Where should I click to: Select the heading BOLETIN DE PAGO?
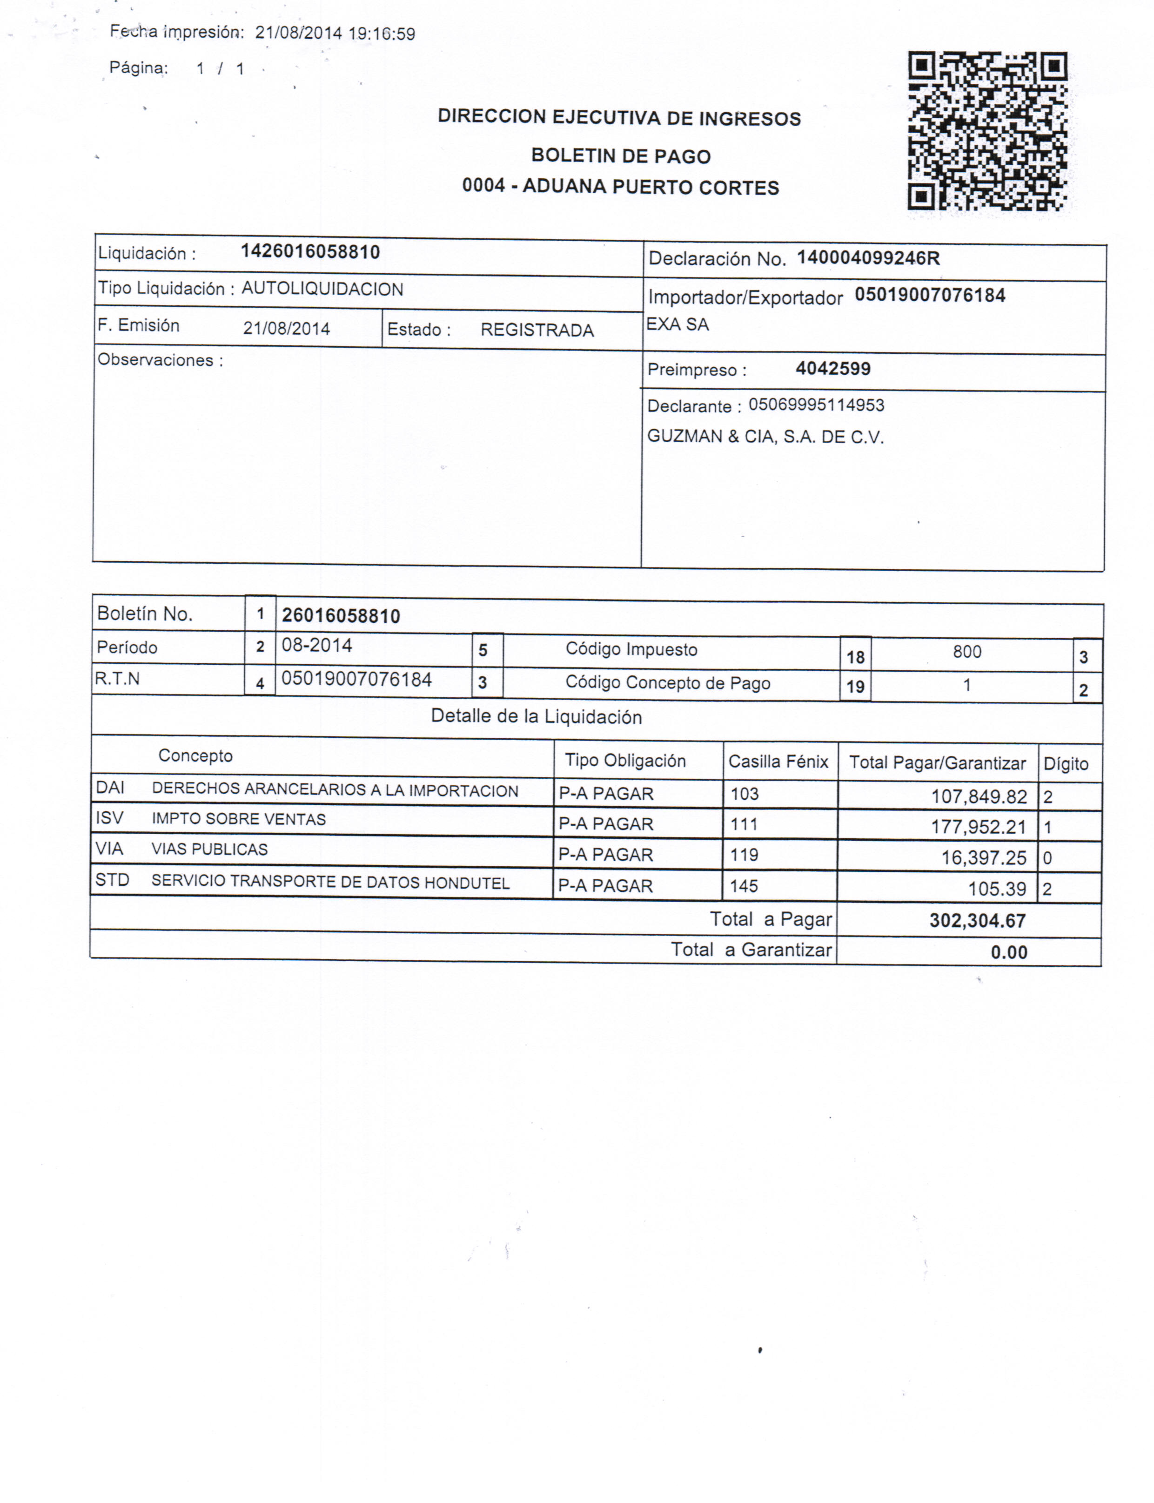[x=620, y=156]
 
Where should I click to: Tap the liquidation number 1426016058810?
[x=310, y=252]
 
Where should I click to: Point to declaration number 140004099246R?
[x=867, y=258]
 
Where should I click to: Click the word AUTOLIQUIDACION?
[x=322, y=289]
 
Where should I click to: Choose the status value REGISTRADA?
[x=537, y=330]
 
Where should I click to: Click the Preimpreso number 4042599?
[x=832, y=369]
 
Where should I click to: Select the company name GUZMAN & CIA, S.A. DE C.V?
[x=765, y=437]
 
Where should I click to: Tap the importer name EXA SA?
[x=678, y=325]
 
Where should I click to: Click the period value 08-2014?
[x=317, y=646]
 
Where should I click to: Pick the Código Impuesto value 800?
[x=966, y=652]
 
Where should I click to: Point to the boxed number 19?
[x=855, y=687]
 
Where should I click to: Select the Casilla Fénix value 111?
[x=744, y=824]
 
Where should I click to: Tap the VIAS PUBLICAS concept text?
[x=209, y=850]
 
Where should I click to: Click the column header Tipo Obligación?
[x=625, y=761]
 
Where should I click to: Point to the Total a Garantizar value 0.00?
[x=1008, y=952]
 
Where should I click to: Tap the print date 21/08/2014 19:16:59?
[x=335, y=34]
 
